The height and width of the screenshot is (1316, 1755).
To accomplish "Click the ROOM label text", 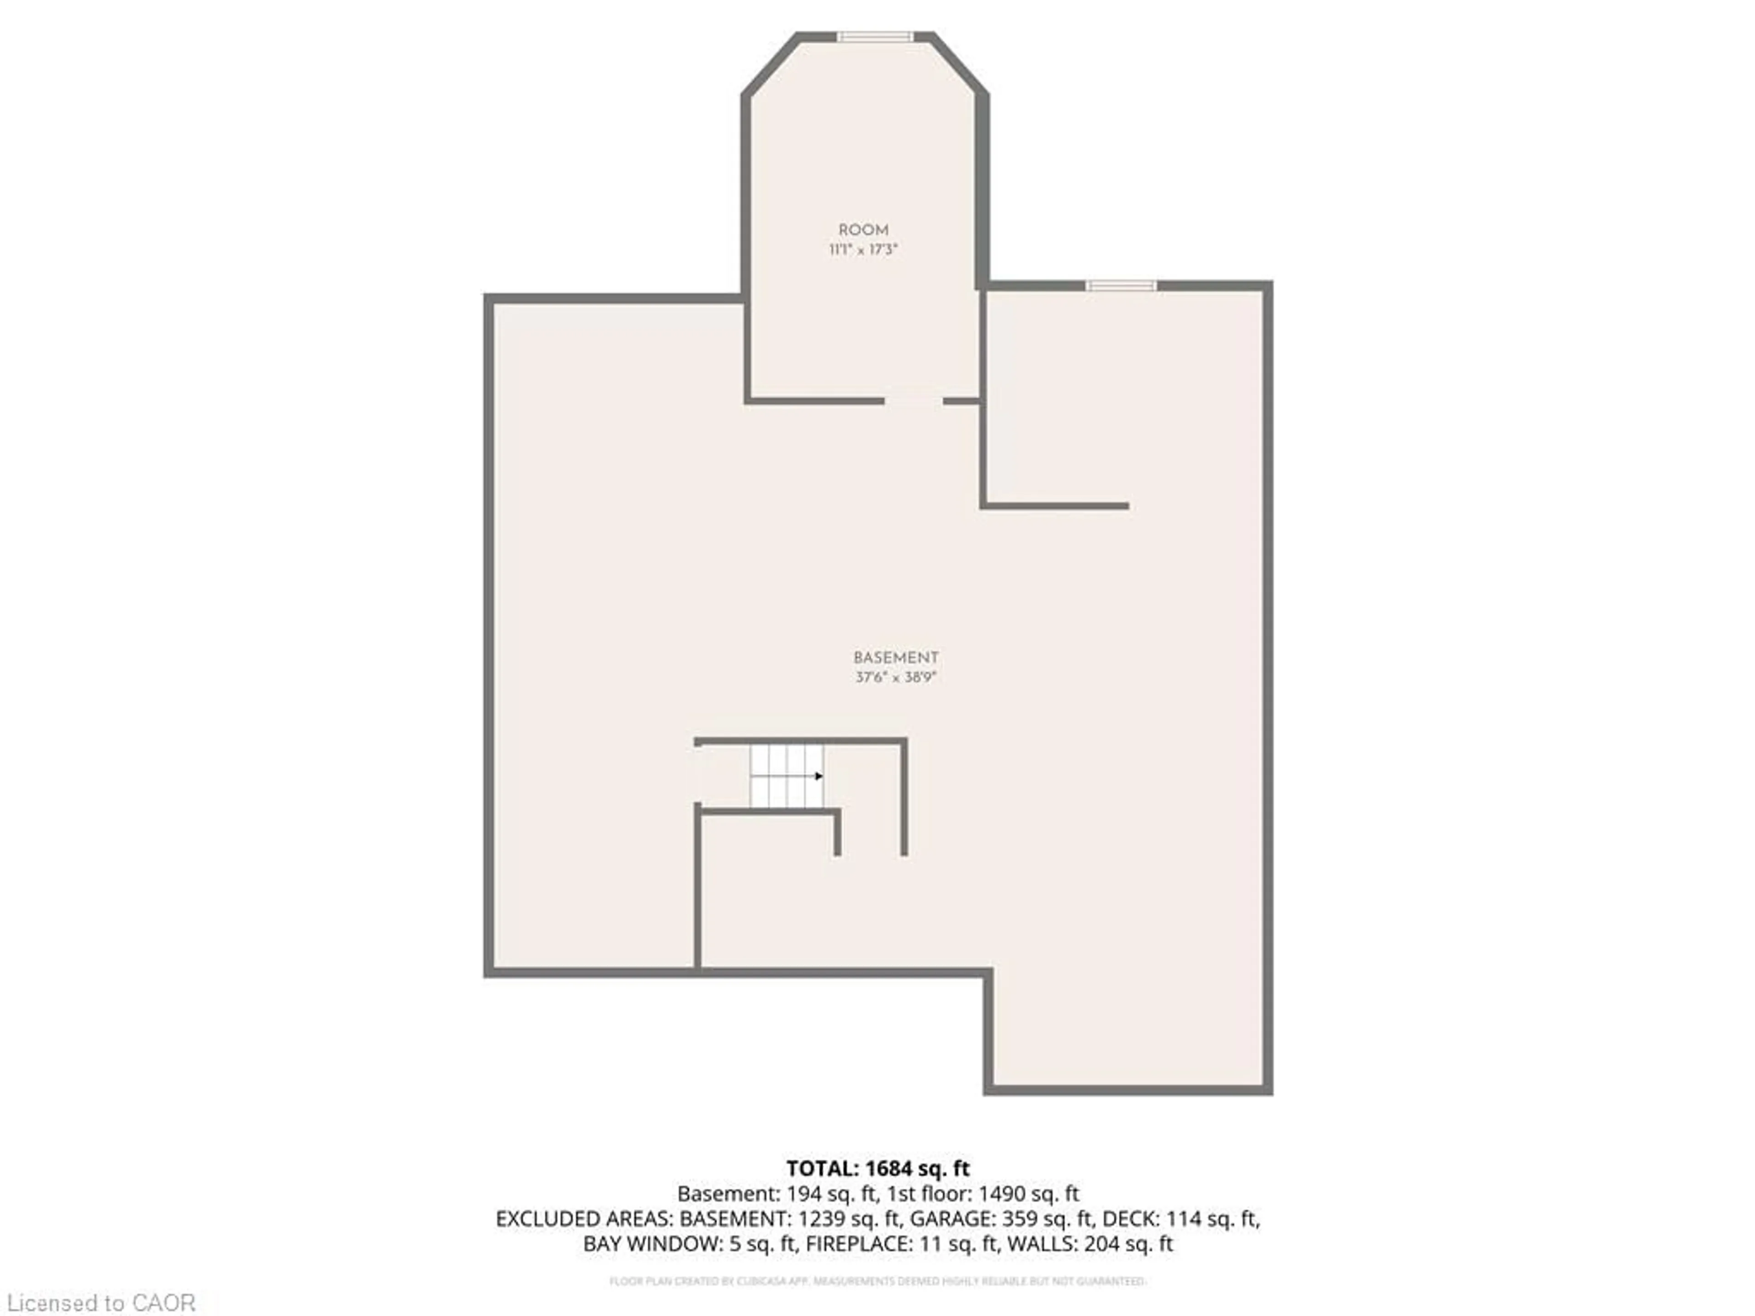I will tap(863, 230).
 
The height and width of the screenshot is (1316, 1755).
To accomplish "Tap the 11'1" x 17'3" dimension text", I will tap(863, 250).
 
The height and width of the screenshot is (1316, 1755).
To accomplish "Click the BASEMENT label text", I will tap(896, 658).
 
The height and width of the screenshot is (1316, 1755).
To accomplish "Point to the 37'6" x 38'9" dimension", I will tap(896, 678).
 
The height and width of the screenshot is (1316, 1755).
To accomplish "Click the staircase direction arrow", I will tap(819, 776).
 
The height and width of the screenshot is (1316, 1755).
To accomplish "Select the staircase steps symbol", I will tap(786, 775).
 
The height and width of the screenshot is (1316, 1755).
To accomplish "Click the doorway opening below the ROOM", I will tap(913, 401).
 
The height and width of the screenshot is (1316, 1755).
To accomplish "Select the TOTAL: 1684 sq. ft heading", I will tap(877, 1168).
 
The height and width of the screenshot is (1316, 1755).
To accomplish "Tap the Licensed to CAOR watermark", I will tap(101, 1302).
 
